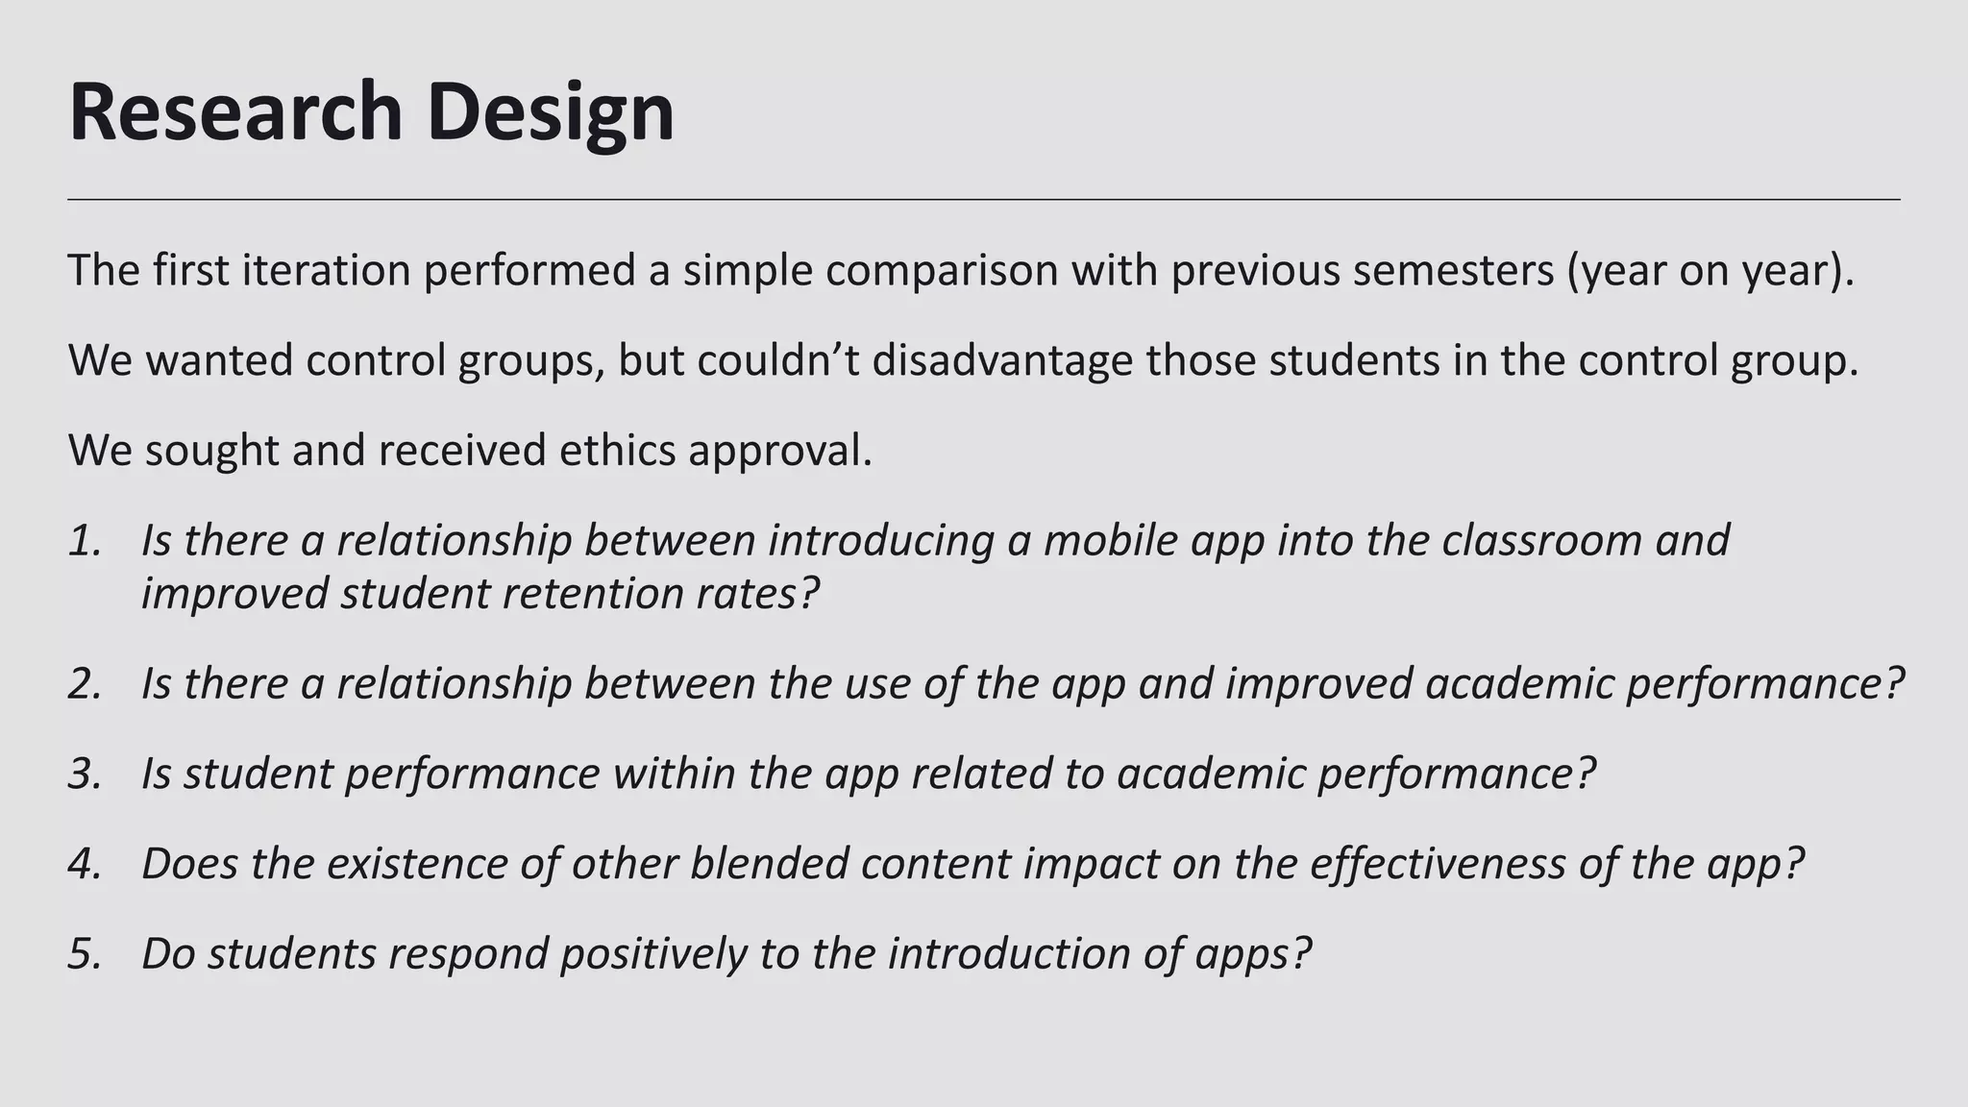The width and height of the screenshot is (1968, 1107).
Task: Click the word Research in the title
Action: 235,112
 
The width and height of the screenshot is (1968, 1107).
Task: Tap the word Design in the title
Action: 551,112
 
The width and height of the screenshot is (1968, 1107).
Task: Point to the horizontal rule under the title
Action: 984,199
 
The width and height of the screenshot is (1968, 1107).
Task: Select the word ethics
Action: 617,450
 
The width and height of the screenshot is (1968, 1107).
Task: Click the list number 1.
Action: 85,540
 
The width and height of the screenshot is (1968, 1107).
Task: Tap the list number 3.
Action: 85,774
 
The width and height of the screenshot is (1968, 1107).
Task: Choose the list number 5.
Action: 85,953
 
